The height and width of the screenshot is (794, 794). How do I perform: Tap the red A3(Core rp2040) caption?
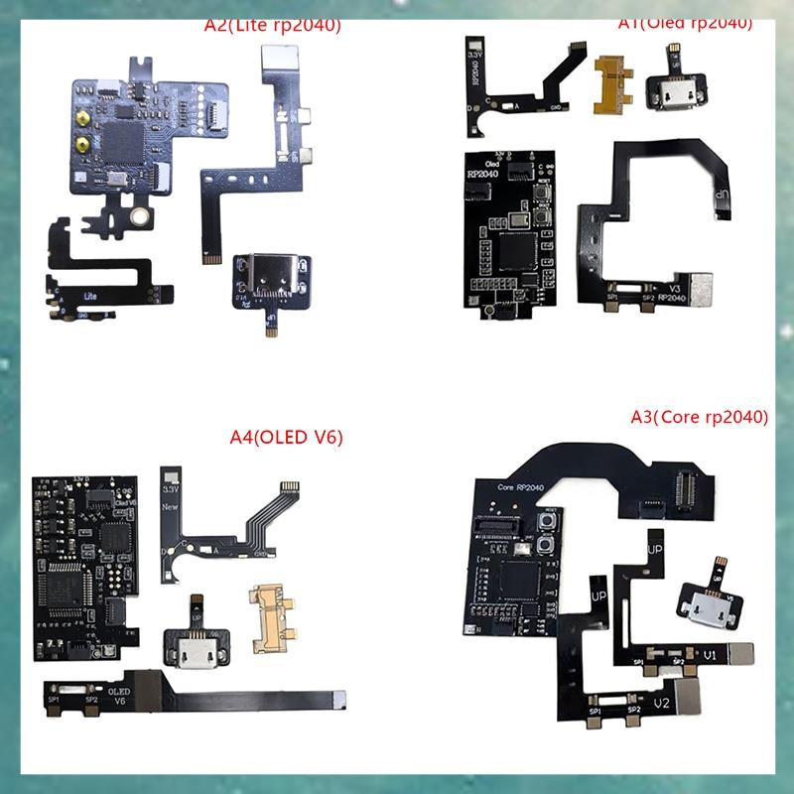tap(699, 418)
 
